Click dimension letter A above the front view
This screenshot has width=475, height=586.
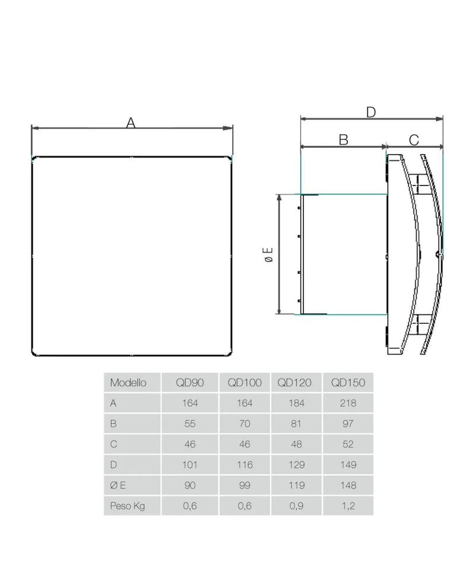130,122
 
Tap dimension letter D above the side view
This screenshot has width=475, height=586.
371,112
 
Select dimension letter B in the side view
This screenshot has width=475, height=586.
344,140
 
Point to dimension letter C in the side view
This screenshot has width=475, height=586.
414,140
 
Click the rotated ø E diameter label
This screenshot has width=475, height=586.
268,254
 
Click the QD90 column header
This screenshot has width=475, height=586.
189,383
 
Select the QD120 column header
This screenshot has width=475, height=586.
294,383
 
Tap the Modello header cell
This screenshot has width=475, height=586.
128,383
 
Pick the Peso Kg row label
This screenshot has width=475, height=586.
127,506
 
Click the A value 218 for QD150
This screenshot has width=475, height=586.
348,404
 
